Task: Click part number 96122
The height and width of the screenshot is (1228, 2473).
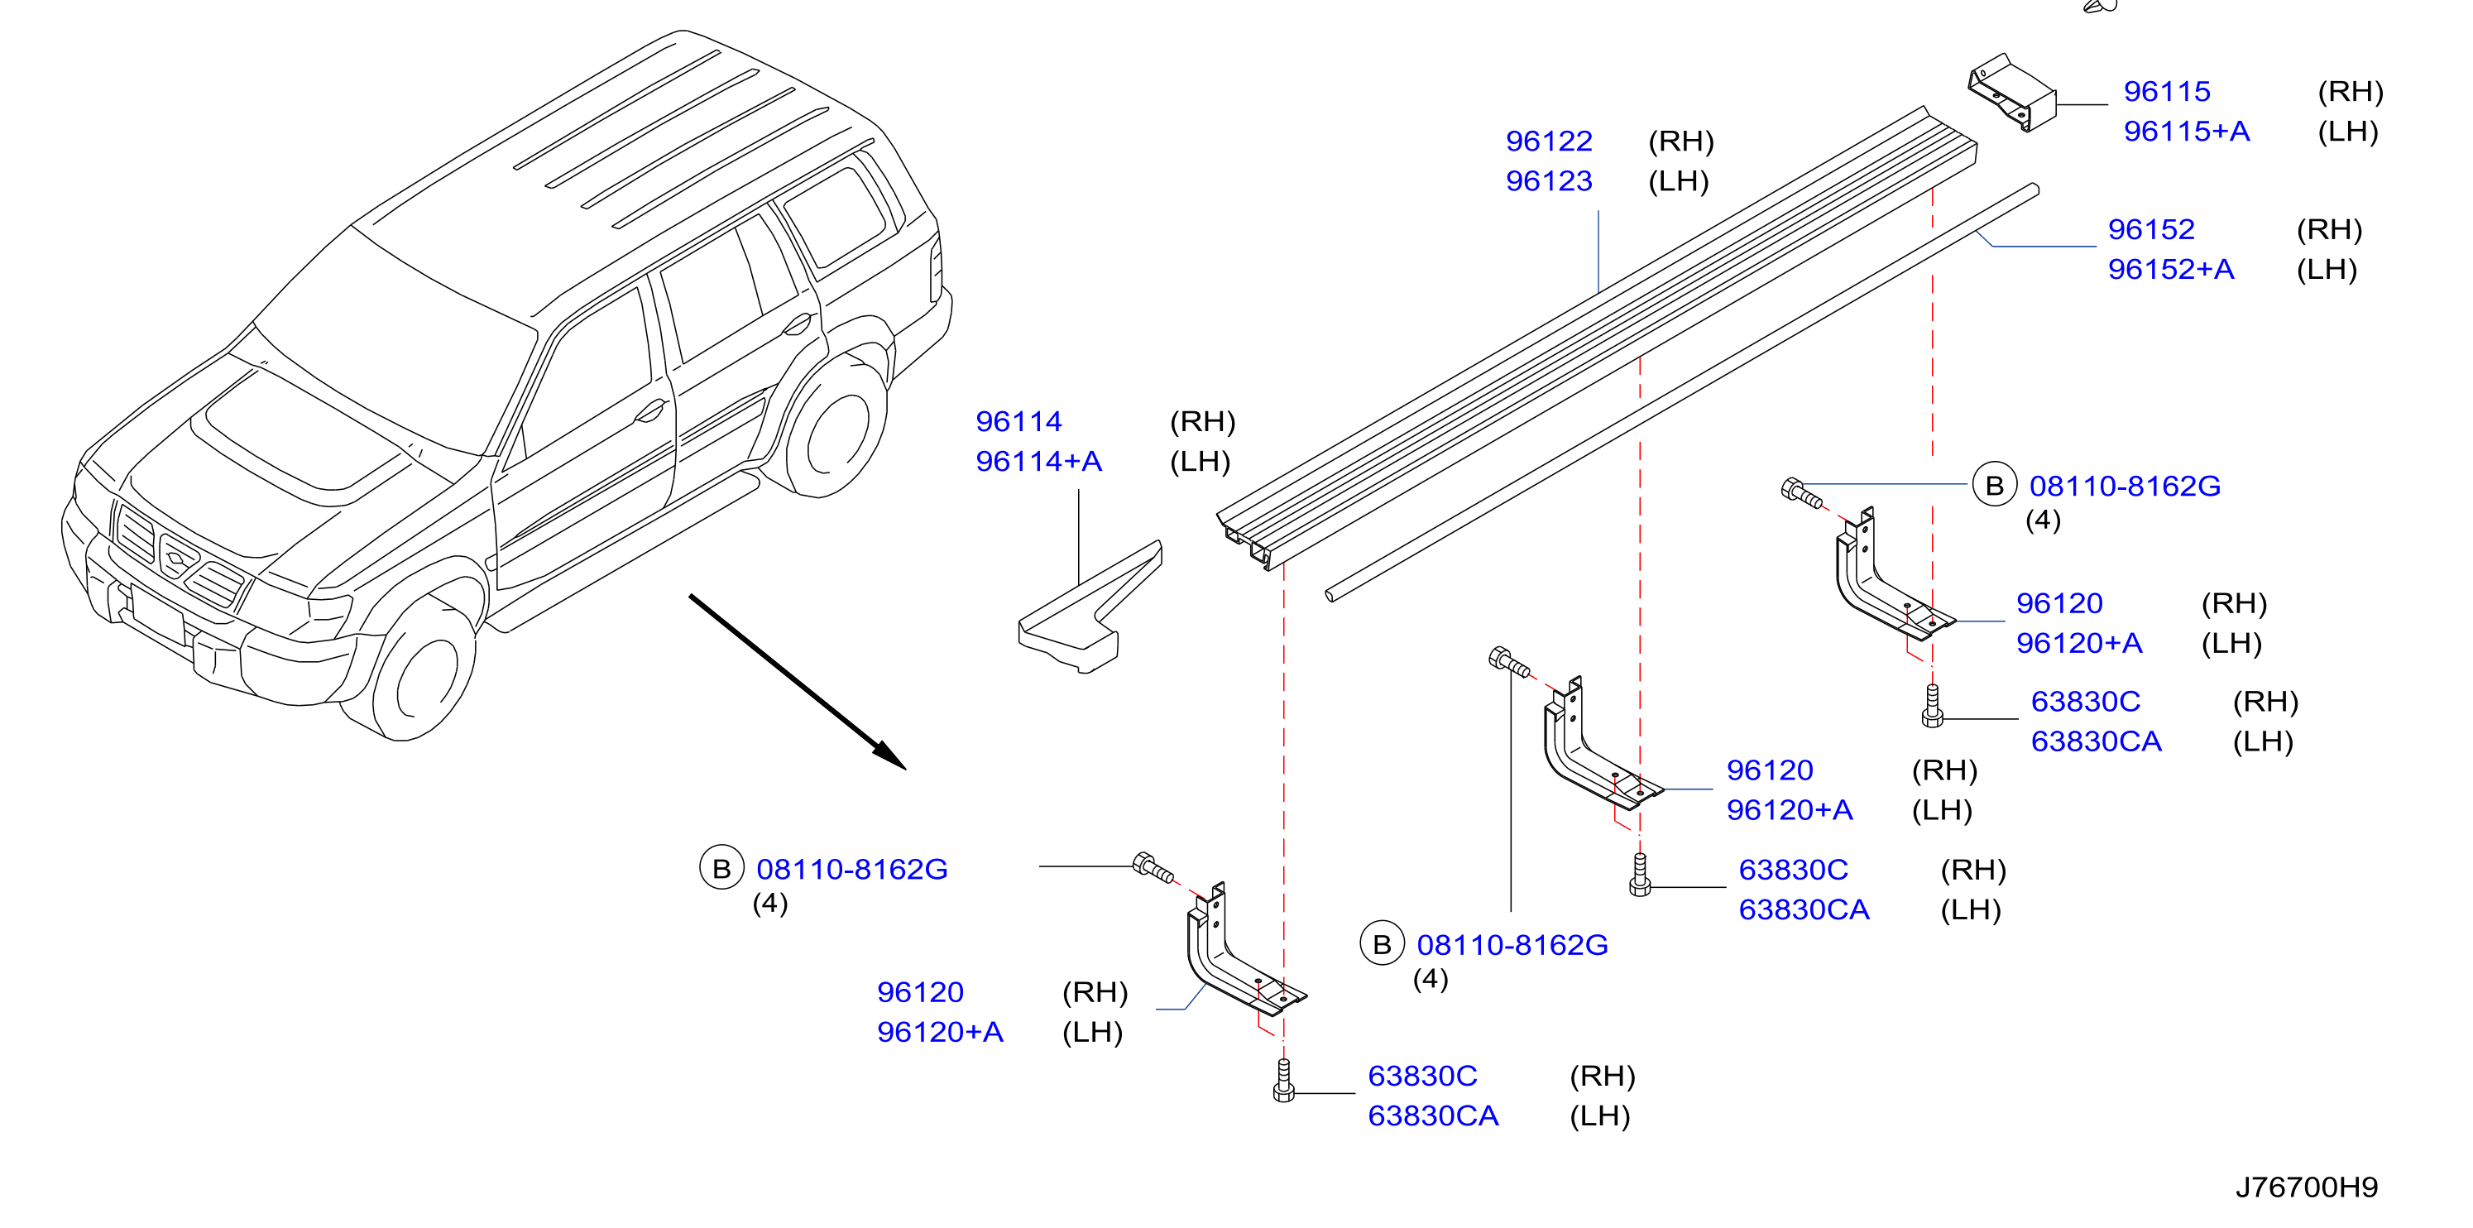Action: point(1549,142)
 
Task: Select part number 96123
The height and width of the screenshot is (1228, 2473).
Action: point(1549,180)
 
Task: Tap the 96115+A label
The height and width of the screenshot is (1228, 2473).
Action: point(2186,131)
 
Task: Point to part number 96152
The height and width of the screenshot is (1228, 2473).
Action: point(2150,229)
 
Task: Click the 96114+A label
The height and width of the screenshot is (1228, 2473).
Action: point(1038,461)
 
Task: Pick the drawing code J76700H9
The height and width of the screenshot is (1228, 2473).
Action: point(2306,1187)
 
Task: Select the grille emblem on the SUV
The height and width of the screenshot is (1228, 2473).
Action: point(177,557)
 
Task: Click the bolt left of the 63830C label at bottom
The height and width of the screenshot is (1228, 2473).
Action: point(1283,1080)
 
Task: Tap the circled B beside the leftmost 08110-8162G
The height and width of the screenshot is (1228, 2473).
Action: point(722,868)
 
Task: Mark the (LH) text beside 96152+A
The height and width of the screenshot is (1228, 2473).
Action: point(2326,270)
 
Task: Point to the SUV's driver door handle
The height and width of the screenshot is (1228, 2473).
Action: point(650,412)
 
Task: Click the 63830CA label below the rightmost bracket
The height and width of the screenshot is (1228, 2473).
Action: point(2096,741)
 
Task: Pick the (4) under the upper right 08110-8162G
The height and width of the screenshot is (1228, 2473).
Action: point(2043,520)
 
